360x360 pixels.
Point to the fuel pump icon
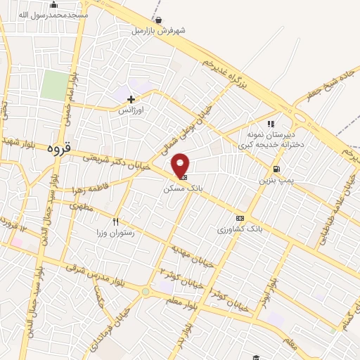(276, 169)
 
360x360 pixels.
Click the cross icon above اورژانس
(131, 100)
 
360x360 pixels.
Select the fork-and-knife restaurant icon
(125, 221)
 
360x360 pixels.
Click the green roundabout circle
(146, 291)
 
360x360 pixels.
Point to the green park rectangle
(53, 84)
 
